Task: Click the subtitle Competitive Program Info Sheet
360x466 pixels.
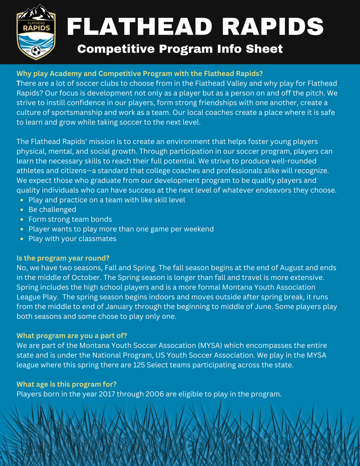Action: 180,49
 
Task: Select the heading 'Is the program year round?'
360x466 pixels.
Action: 63,258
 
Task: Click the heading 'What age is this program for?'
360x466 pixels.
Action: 66,384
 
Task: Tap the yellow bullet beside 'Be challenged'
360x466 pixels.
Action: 22,210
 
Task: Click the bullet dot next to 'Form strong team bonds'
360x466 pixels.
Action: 22,219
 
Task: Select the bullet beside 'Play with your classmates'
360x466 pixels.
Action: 22,238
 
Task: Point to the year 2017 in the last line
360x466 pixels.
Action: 105,394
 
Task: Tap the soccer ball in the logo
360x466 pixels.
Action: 36,51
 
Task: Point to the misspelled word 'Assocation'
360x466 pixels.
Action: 175,345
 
